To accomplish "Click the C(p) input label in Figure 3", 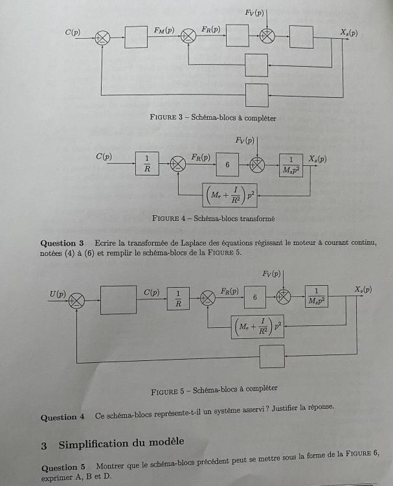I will tap(72, 32).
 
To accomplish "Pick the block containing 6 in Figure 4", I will tap(227, 165).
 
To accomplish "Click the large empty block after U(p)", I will tap(118, 300).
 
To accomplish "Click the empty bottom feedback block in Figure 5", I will tap(271, 356).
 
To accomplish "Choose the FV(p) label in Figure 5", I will tap(272, 275).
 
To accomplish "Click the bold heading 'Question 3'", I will tap(63, 243).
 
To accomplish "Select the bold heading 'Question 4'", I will tap(63, 417).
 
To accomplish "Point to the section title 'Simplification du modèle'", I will tap(121, 444).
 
